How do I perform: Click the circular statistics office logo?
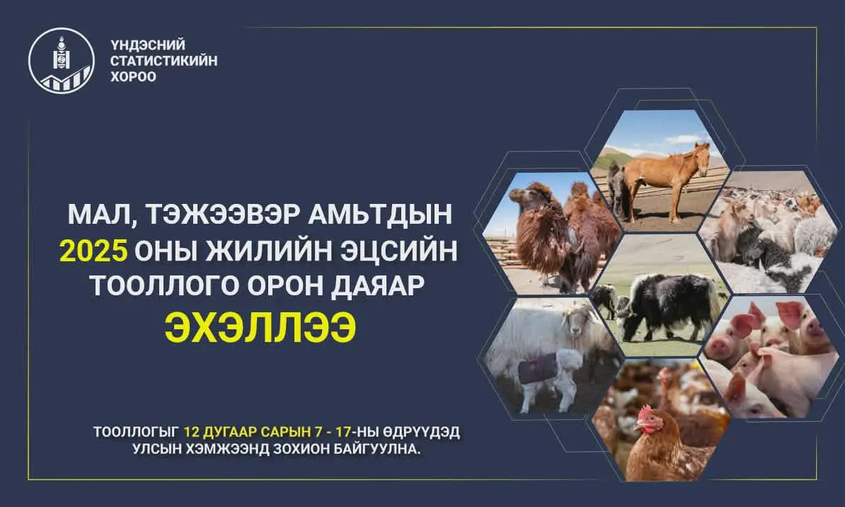60,59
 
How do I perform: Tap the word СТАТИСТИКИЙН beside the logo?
163,61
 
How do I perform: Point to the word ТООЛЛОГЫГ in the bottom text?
135,432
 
